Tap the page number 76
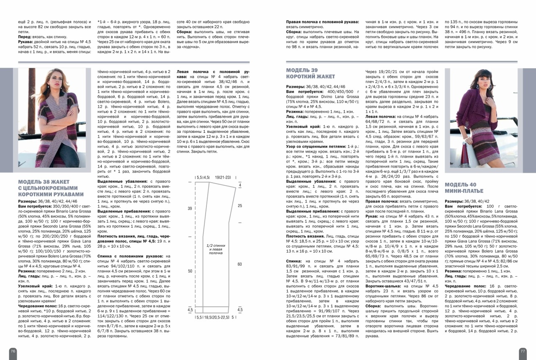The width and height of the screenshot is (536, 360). pos(13,351)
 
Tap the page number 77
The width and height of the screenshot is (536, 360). pos(523,351)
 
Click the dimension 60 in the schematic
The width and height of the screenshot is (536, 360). pos(240,264)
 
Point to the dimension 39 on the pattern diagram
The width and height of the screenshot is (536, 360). pos(190,208)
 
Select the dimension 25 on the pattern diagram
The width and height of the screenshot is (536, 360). pos(240,206)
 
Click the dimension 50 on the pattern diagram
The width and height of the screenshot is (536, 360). pos(190,271)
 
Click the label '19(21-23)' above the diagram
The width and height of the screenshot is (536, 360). pos(223,178)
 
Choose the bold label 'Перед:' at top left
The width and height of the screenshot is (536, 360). pos(25,37)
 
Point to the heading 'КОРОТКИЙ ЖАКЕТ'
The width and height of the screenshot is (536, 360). pos(310,76)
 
